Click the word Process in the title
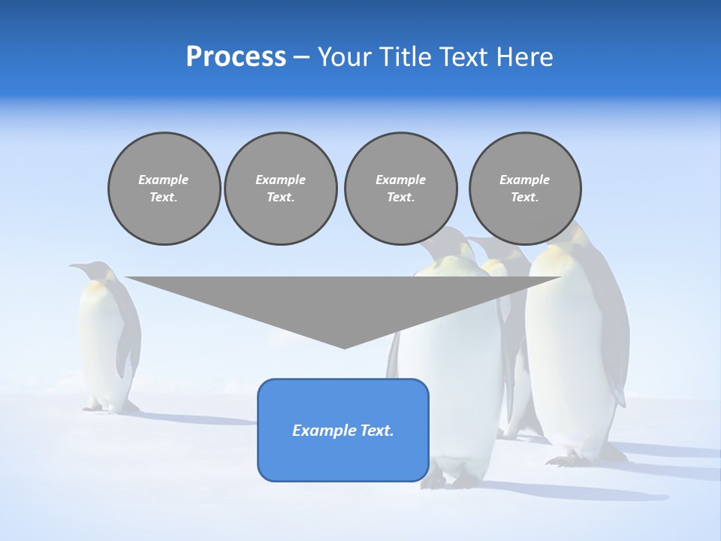(236, 57)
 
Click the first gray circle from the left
(164, 189)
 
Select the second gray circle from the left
(281, 189)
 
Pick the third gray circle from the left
(400, 189)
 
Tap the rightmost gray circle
(525, 189)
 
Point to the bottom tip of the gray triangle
(344, 347)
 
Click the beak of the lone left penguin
(76, 265)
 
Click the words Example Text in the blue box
(343, 431)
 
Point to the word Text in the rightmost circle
(525, 198)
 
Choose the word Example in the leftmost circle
(164, 180)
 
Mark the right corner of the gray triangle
(559, 278)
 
